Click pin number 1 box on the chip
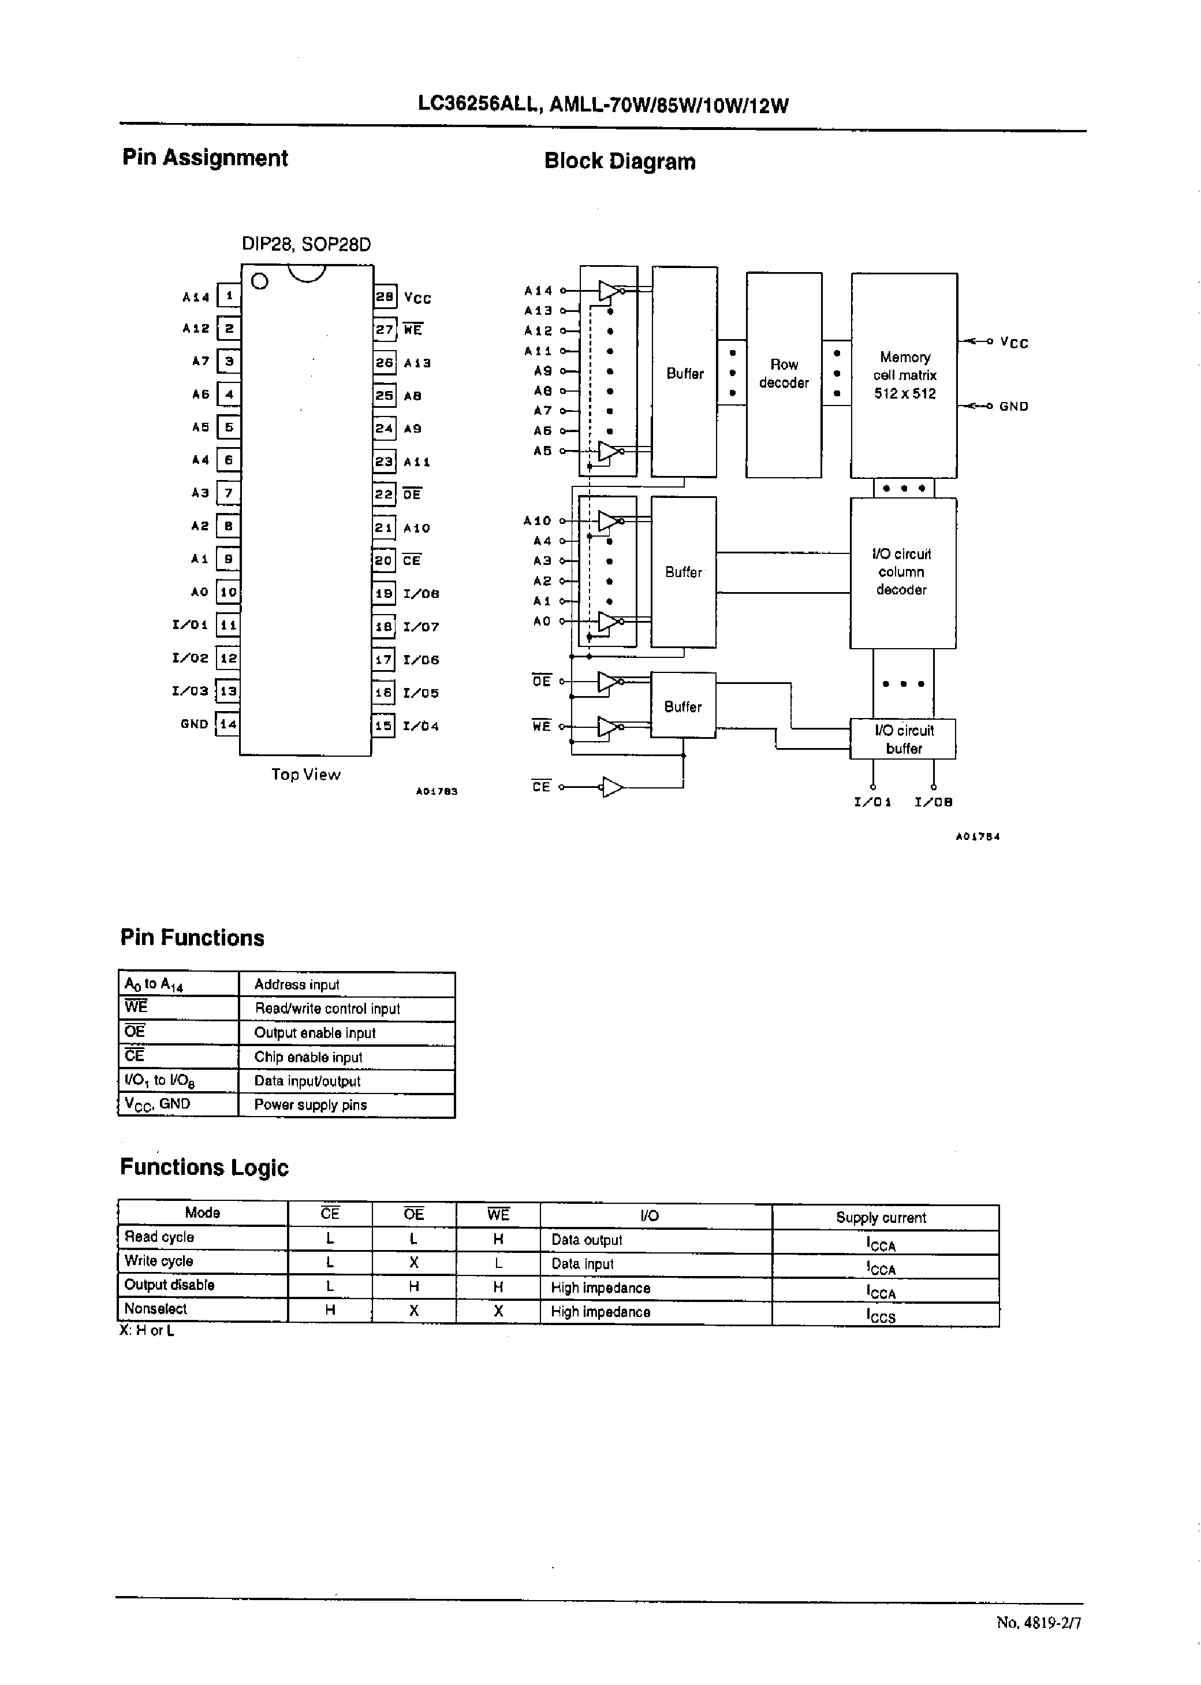click(229, 296)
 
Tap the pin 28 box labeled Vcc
click(385, 296)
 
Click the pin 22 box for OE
click(384, 493)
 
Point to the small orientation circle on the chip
click(260, 281)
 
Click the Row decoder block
click(784, 374)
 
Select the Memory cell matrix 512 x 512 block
click(904, 375)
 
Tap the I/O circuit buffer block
click(903, 739)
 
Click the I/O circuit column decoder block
click(902, 572)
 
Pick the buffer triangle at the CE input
click(612, 787)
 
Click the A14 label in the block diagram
click(538, 291)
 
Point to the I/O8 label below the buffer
click(933, 802)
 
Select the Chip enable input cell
click(308, 1057)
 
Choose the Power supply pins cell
click(311, 1104)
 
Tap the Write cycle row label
click(159, 1260)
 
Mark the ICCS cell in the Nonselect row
click(881, 1316)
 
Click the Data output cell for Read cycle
click(587, 1240)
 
